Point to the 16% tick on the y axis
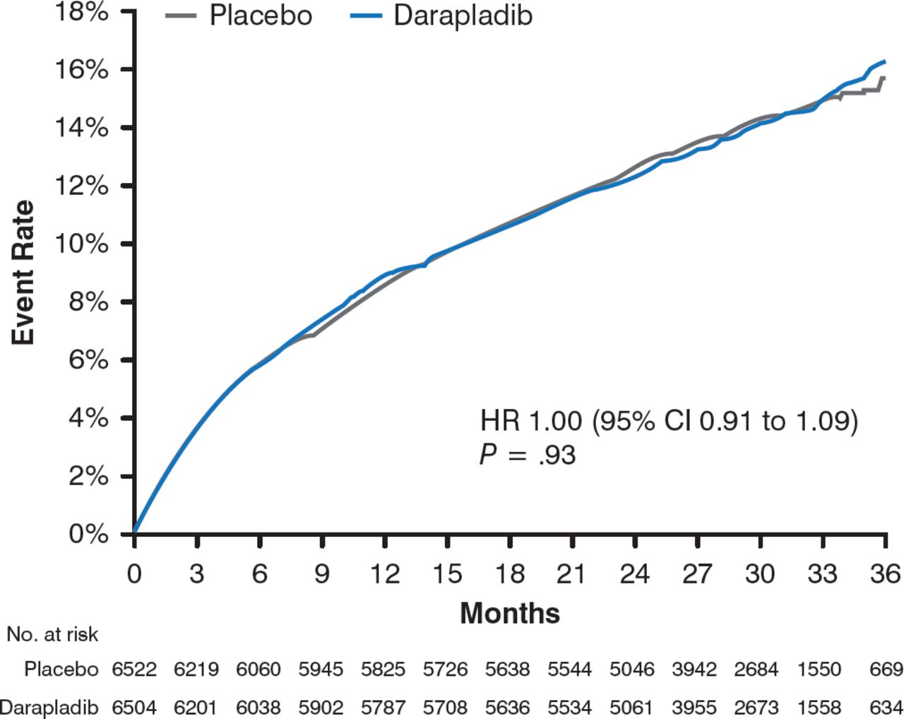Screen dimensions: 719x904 pos(88,70)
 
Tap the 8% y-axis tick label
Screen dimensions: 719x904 pos(88,302)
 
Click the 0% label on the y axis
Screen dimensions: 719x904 pos(88,534)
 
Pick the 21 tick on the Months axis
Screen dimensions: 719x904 pos(571,574)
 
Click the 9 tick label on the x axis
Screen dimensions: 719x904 pos(322,574)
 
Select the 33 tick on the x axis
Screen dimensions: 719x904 pos(822,574)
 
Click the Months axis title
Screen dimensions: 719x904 pos(510,612)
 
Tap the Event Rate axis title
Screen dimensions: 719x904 pos(24,273)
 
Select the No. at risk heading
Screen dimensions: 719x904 pos(52,634)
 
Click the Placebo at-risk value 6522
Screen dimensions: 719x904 pos(134,669)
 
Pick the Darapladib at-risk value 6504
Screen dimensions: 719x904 pos(134,706)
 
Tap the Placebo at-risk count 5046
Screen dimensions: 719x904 pos(633,669)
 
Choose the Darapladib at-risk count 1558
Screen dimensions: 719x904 pos(819,706)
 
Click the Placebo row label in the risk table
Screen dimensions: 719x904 pos(61,669)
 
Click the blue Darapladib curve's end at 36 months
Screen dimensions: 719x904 pos(884,61)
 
